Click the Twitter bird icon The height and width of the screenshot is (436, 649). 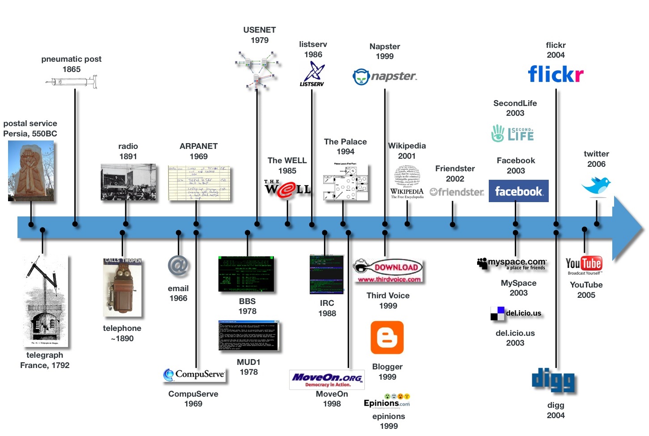(x=596, y=184)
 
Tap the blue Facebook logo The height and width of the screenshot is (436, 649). (x=518, y=191)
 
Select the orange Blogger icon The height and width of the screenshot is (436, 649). (x=387, y=338)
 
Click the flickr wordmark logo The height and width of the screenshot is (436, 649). (x=555, y=74)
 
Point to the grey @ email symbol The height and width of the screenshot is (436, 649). (x=178, y=266)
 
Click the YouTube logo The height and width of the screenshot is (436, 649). (x=584, y=264)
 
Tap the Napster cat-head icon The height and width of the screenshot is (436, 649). (x=361, y=77)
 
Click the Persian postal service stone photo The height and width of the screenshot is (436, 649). (x=31, y=171)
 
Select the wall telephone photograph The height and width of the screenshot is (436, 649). (x=122, y=287)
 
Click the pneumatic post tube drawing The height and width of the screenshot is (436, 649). (x=72, y=82)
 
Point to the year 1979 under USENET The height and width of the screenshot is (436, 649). (x=260, y=40)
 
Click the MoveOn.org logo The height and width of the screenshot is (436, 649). (x=327, y=379)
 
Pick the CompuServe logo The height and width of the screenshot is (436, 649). (x=194, y=374)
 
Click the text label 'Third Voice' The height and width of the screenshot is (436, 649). (x=388, y=296)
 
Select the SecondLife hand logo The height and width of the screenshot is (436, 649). (x=498, y=133)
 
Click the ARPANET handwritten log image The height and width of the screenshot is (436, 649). (x=199, y=183)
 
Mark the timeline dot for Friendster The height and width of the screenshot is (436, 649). (x=453, y=224)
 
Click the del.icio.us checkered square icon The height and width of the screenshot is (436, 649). (x=497, y=313)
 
